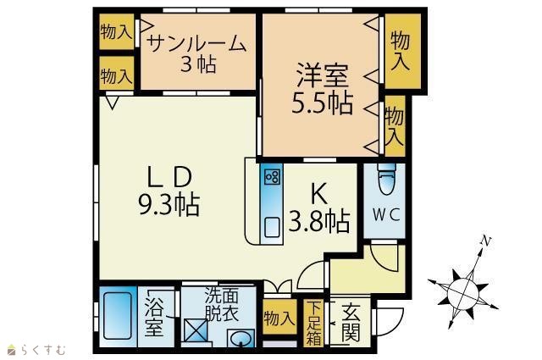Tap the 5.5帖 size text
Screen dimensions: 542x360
point(322,103)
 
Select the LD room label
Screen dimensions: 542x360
point(169,177)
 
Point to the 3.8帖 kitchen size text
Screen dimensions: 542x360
point(318,221)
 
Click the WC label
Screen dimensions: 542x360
point(386,215)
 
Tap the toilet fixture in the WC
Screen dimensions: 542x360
point(386,179)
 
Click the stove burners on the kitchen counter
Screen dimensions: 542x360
point(273,177)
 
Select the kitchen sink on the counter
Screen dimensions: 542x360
point(273,227)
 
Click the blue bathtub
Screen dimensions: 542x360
point(118,316)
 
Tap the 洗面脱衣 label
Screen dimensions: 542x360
point(222,304)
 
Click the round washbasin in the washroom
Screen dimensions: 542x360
point(241,338)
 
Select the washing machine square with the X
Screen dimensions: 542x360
point(196,330)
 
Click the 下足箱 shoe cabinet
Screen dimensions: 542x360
point(313,323)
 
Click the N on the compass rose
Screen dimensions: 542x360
point(486,241)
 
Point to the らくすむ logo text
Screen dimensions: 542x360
point(43,350)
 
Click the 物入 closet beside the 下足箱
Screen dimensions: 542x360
point(279,317)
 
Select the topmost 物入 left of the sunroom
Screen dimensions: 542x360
point(116,32)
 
